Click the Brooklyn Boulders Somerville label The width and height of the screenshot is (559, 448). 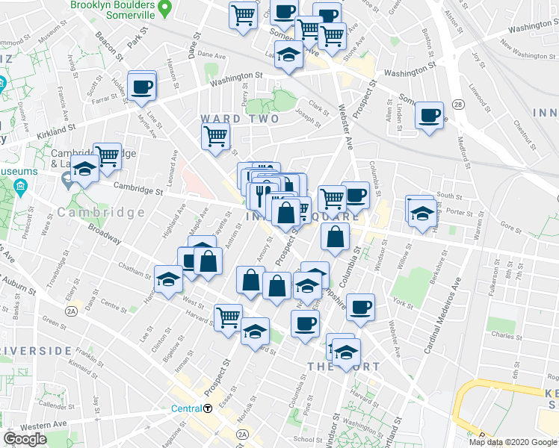[x=114, y=5]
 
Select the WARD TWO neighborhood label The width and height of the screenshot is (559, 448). [x=239, y=119]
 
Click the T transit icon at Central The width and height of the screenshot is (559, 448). [x=209, y=408]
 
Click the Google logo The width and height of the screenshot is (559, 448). [x=25, y=439]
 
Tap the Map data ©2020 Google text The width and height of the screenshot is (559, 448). [x=512, y=442]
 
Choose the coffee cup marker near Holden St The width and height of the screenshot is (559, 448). [x=141, y=87]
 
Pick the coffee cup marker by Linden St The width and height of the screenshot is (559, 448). [x=429, y=116]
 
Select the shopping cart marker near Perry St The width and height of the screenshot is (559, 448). [x=215, y=136]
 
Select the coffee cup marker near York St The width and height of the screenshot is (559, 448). [x=360, y=307]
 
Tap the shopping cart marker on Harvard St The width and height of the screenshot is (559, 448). [x=227, y=317]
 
